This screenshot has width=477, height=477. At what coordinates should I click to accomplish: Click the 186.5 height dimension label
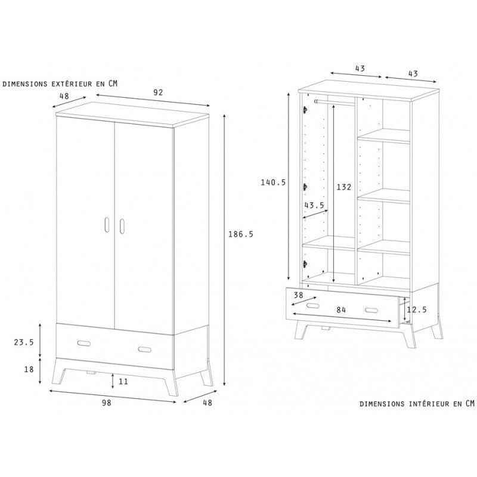pyautogui.click(x=241, y=234)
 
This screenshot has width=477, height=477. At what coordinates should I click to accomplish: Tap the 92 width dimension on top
pyautogui.click(x=158, y=92)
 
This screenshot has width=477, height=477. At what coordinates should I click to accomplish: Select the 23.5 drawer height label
pyautogui.click(x=24, y=342)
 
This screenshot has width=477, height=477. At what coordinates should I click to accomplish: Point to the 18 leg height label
pyautogui.click(x=29, y=369)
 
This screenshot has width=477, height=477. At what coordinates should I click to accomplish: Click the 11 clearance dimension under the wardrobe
pyautogui.click(x=123, y=381)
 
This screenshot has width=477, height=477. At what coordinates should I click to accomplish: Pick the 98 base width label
pyautogui.click(x=107, y=403)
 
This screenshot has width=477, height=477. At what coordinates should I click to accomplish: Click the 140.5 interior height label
pyautogui.click(x=273, y=182)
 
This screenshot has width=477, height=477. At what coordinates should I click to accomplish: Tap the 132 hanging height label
pyautogui.click(x=344, y=187)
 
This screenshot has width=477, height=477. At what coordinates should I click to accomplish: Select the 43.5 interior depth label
pyautogui.click(x=314, y=205)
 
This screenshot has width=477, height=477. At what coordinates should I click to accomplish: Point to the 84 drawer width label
pyautogui.click(x=341, y=310)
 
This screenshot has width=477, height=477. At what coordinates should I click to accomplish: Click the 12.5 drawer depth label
pyautogui.click(x=417, y=309)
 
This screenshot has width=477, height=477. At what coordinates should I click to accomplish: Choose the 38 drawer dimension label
pyautogui.click(x=299, y=295)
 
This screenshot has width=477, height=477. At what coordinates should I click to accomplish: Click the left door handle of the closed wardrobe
pyautogui.click(x=107, y=225)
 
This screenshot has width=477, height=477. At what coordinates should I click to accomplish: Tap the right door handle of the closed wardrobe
pyautogui.click(x=122, y=226)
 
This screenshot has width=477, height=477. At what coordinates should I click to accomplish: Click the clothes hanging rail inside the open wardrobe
pyautogui.click(x=334, y=102)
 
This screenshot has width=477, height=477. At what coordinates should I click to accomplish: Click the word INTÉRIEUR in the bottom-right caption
pyautogui.click(x=429, y=404)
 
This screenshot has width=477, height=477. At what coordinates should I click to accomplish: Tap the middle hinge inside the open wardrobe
pyautogui.click(x=305, y=187)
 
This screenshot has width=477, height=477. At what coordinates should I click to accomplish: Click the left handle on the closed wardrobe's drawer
pyautogui.click(x=83, y=343)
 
